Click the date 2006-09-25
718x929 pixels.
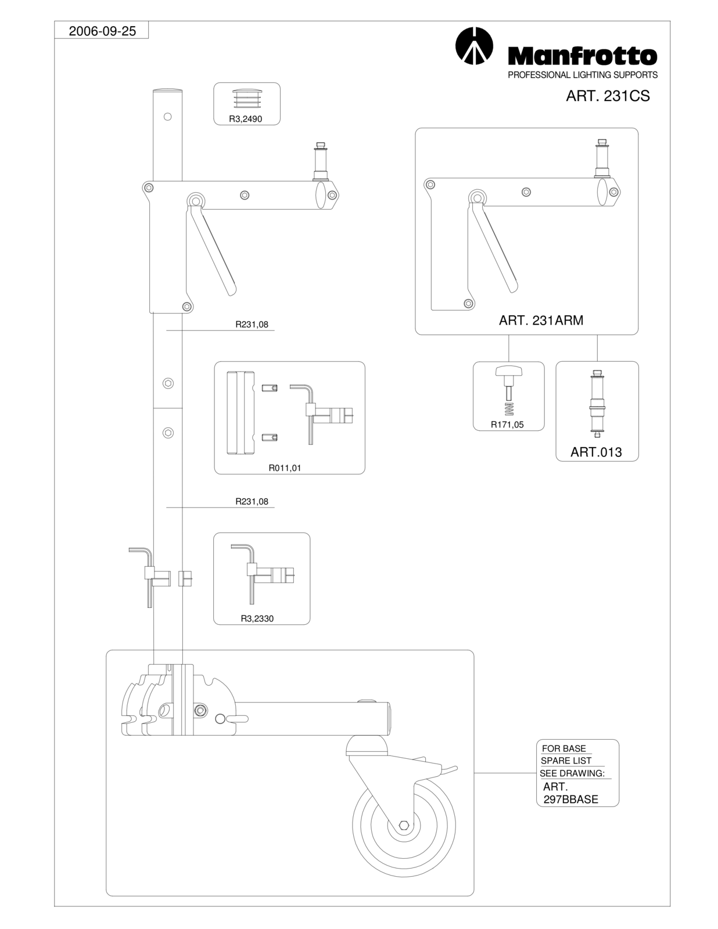pos(102,31)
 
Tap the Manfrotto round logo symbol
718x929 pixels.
pos(474,46)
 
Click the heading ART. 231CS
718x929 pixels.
pos(608,96)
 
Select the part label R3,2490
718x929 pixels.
pos(246,119)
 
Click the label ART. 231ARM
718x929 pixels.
pos(541,320)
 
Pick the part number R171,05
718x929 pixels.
pos(507,424)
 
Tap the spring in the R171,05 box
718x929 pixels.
pos(509,409)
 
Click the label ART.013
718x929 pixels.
pos(596,452)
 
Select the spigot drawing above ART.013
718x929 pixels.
pos(597,404)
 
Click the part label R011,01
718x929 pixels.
pos(285,468)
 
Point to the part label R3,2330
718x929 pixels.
pos(257,618)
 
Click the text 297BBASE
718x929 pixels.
pos(570,799)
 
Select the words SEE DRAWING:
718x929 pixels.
pos(572,773)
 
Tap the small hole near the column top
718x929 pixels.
pos(168,116)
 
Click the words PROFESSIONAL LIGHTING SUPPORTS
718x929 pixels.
pos(583,75)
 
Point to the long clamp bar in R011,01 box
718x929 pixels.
pos(240,413)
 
